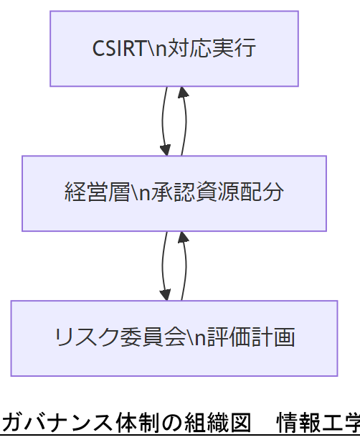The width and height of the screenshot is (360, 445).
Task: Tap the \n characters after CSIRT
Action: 156,49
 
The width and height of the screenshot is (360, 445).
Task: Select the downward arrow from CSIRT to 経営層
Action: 164,121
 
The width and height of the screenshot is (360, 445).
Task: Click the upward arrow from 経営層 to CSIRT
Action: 186,121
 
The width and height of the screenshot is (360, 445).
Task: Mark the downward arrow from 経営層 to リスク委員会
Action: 164,266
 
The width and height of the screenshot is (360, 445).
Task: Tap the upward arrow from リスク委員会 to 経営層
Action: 186,266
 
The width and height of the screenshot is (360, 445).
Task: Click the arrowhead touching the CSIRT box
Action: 183,92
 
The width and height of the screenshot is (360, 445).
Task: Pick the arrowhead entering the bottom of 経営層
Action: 183,237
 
